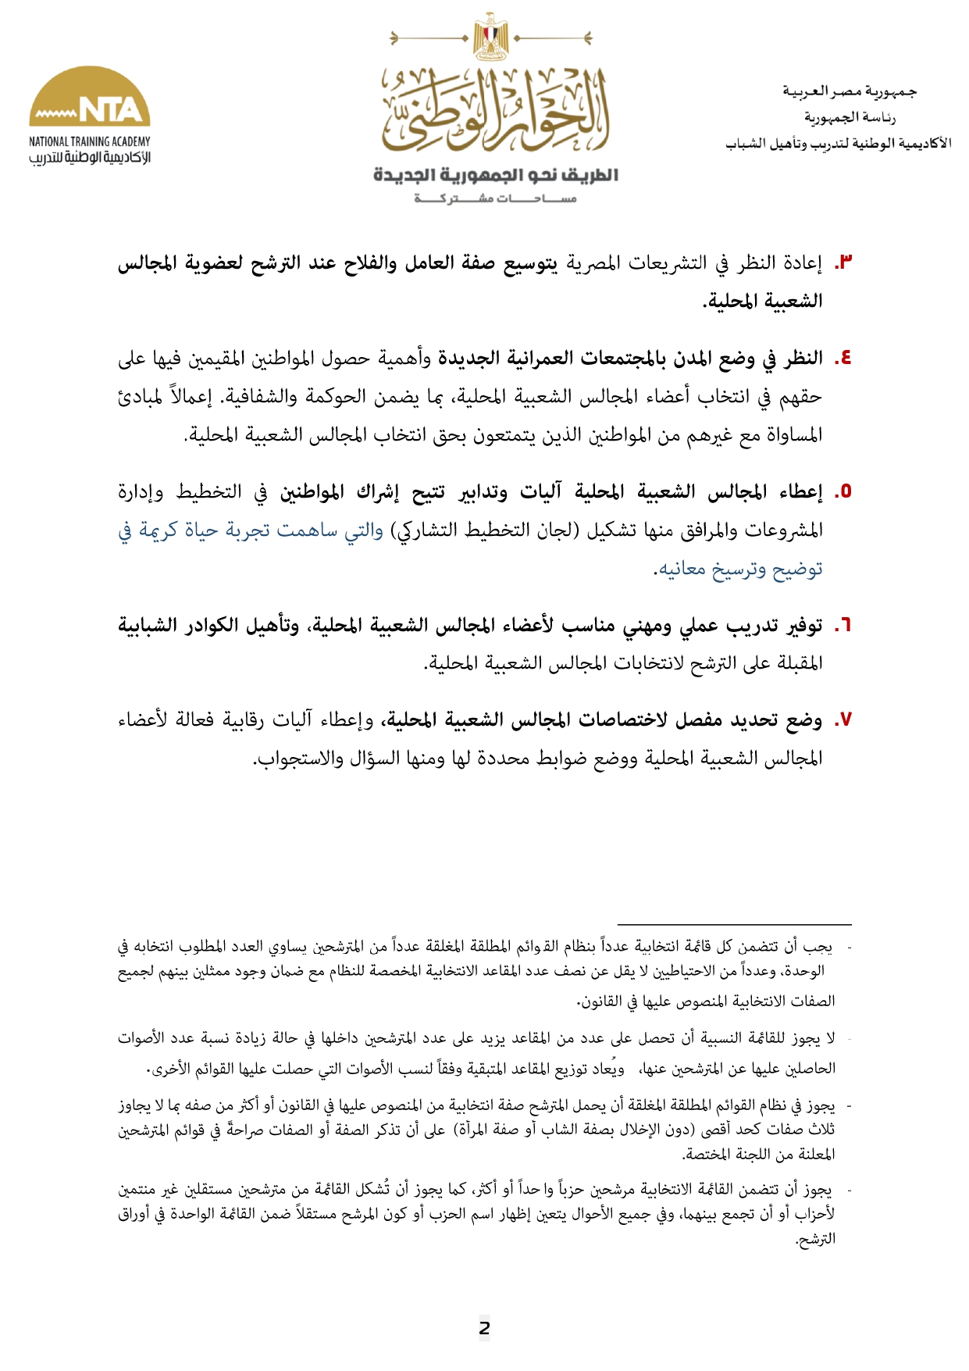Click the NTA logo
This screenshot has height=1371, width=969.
click(x=90, y=98)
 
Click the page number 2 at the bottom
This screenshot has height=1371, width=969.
click(x=484, y=1327)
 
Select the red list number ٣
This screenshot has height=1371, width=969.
click(x=843, y=263)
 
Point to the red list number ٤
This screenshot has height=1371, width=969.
click(x=843, y=359)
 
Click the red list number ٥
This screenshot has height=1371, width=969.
click(x=843, y=492)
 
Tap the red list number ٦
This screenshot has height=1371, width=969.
click(x=843, y=626)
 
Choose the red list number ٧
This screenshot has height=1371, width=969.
click(x=843, y=720)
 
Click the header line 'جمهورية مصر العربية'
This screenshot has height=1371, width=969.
click(x=850, y=91)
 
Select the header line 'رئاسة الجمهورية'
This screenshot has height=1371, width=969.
click(x=850, y=117)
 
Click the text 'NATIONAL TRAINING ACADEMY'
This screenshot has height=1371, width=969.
click(x=90, y=141)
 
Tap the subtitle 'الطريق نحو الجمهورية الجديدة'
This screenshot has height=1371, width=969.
click(x=496, y=175)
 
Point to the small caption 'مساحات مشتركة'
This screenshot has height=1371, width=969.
click(x=496, y=198)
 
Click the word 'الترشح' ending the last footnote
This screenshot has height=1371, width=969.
click(x=816, y=1238)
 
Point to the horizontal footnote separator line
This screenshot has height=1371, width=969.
click(x=733, y=924)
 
